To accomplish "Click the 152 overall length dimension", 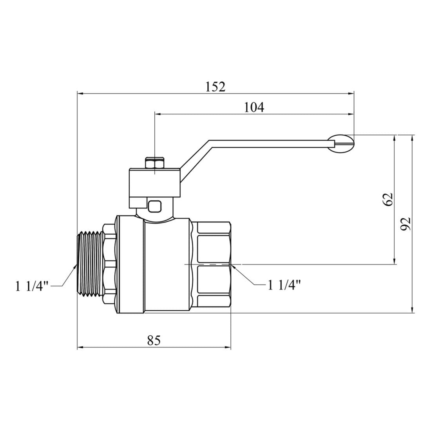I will coord(215,87).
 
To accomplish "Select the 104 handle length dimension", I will coord(254,107).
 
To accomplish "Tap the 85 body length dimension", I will coord(154,340).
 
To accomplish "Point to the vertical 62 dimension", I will coord(388,199).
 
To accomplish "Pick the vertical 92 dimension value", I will coord(406,223).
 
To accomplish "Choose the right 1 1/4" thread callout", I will coord(284,285).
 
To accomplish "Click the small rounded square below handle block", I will coord(155,206).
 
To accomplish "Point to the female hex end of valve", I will coord(214,266).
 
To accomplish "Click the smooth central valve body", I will coord(168,266).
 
